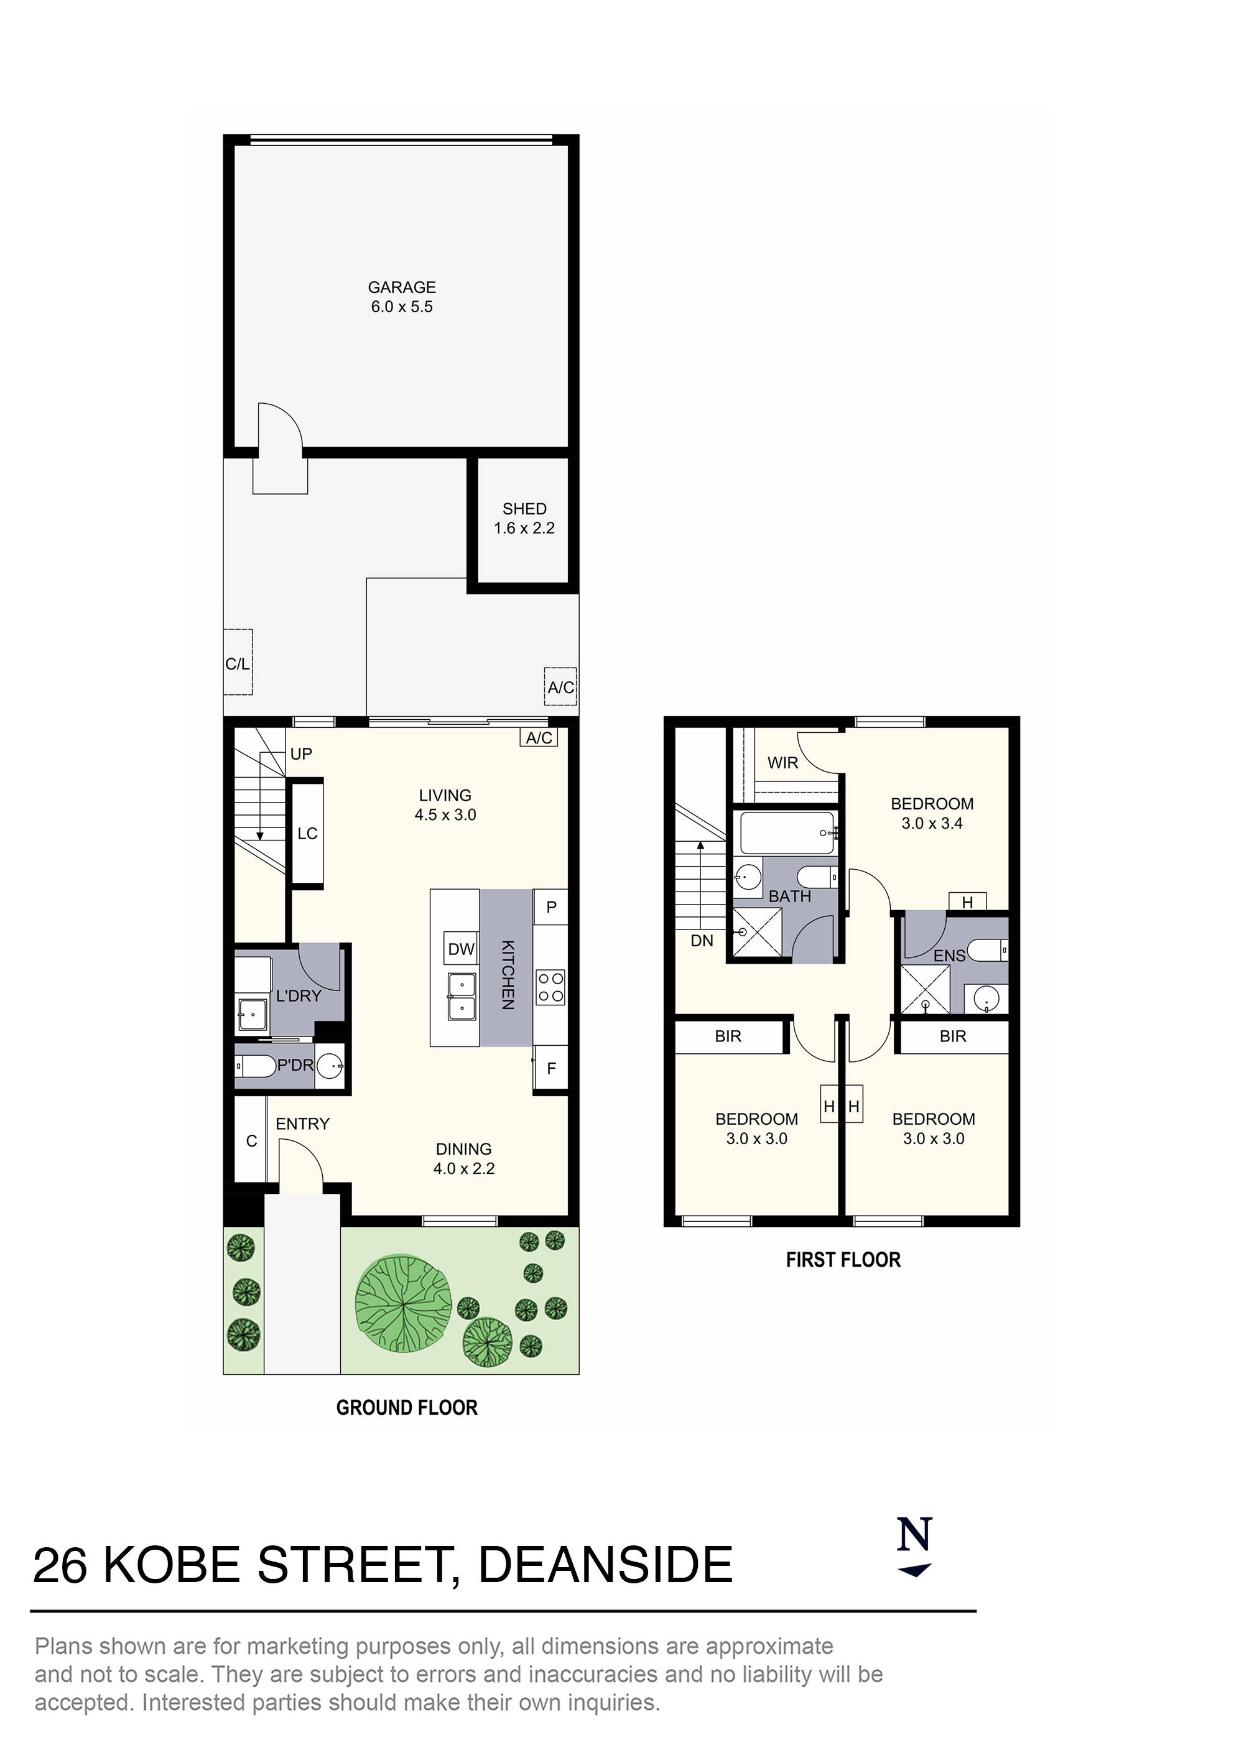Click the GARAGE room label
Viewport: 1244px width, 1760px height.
402,287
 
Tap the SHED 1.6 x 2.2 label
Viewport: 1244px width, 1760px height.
524,518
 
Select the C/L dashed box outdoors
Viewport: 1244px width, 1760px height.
238,663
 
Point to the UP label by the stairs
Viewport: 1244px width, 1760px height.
300,754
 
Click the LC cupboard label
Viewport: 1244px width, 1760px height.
307,833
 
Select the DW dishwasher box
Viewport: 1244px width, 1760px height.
462,949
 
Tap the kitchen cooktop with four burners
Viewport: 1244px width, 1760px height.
550,987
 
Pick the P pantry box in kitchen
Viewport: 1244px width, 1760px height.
551,908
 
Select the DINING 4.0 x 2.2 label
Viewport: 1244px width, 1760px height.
464,1159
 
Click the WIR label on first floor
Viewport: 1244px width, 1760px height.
782,763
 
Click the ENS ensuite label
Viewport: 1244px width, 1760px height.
949,956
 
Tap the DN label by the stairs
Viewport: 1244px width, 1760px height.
702,941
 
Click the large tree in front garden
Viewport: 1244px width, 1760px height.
403,1305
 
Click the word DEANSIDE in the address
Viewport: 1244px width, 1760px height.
606,1566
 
